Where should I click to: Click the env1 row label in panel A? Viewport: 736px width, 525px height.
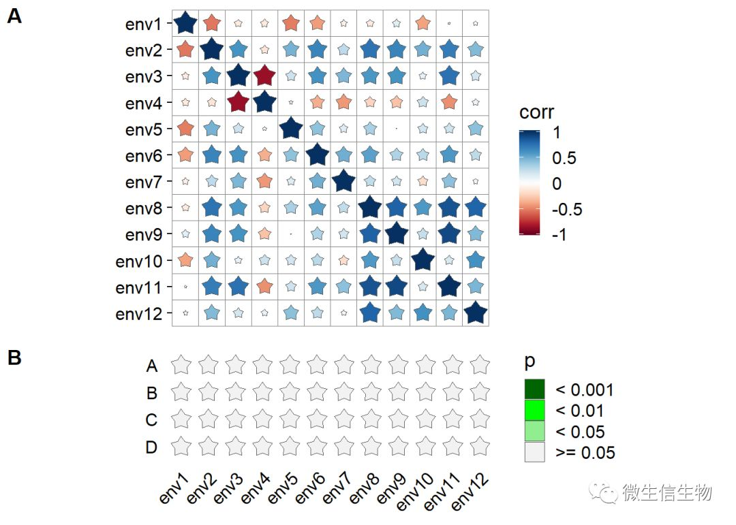pos(143,25)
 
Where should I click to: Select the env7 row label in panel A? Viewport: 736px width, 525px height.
pos(143,182)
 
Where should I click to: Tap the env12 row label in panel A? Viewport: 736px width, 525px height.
pos(139,314)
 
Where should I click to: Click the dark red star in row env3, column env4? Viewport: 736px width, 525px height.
pos(264,77)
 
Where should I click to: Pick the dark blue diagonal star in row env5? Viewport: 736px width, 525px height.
pos(290,129)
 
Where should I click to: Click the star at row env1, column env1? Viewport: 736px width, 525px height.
pos(185,24)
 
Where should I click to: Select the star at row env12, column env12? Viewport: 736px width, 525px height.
pos(475,313)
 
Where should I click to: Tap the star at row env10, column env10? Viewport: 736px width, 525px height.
pos(423,260)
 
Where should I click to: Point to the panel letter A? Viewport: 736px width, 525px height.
pos(14,17)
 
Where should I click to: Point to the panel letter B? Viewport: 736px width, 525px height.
pos(14,358)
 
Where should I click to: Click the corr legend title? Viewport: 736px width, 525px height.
pos(537,112)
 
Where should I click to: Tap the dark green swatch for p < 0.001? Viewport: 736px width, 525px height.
pos(535,389)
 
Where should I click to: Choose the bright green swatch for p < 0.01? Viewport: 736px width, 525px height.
pos(535,411)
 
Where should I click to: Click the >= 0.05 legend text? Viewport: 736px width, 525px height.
pos(585,453)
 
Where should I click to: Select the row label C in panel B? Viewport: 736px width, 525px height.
pos(151,420)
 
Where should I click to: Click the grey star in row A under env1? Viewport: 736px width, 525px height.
pos(181,365)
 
